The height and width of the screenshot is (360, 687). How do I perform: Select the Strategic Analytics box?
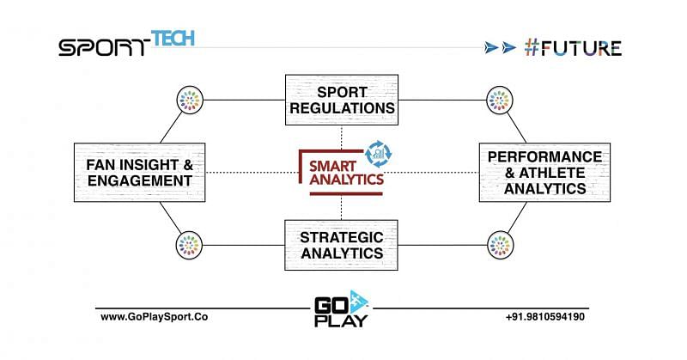pos(341,244)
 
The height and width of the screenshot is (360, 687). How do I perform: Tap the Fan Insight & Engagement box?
pos(139,171)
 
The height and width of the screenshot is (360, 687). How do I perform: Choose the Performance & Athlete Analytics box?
pos(544,172)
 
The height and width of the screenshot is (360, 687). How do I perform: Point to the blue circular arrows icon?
pos(378,153)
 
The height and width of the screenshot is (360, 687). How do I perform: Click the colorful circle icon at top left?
pos(189,100)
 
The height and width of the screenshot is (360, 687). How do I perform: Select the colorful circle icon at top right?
pos(497,100)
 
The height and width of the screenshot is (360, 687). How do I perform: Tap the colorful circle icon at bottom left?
pos(189,244)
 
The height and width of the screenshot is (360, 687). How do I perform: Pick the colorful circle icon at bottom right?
pos(497,244)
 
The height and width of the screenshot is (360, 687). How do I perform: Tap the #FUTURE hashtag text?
pos(573,47)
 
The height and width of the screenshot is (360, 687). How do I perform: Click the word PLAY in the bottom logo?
pos(341,321)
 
